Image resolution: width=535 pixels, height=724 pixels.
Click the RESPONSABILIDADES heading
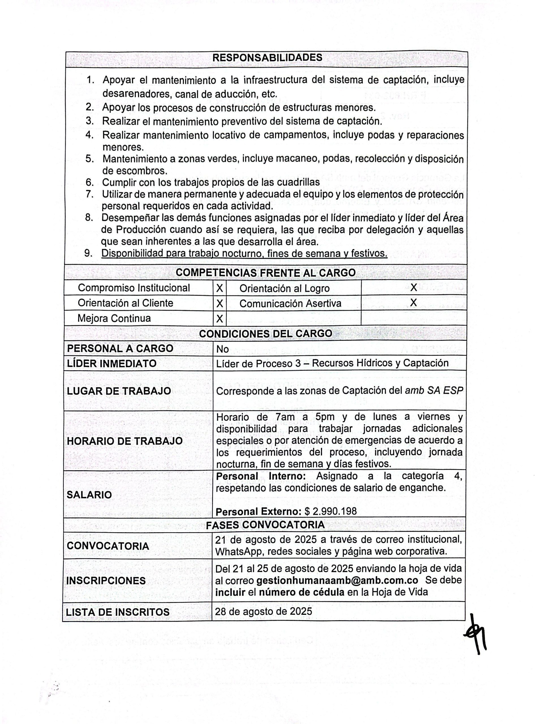(267, 58)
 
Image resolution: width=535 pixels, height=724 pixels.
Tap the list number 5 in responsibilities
(89, 159)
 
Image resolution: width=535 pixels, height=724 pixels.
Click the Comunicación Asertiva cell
(290, 303)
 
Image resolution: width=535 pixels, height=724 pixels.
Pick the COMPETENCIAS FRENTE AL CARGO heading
(266, 273)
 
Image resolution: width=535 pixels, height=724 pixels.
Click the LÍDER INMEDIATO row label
(111, 363)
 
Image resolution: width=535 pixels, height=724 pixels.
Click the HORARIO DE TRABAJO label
(125, 441)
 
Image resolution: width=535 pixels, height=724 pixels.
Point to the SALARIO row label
(89, 495)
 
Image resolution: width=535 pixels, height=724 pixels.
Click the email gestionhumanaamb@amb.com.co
(337, 580)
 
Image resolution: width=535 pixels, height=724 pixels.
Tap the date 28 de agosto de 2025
(263, 611)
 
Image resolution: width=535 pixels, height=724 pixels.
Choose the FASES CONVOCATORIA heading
(265, 525)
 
